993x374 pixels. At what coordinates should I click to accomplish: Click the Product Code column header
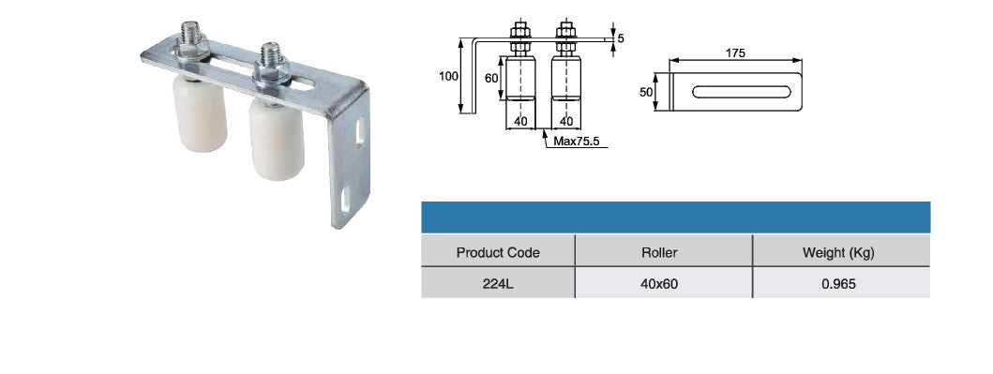[498, 252]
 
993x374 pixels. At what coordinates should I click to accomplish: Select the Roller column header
[659, 252]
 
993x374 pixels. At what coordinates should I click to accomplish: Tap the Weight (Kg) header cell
[838, 252]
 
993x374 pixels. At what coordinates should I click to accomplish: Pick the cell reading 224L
[498, 284]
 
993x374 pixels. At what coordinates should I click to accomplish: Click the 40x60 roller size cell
[659, 284]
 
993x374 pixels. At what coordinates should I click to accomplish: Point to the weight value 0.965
[838, 284]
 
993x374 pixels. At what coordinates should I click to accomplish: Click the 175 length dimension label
[735, 53]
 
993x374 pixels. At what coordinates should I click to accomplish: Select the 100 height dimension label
[448, 77]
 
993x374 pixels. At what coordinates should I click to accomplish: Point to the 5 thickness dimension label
[621, 38]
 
